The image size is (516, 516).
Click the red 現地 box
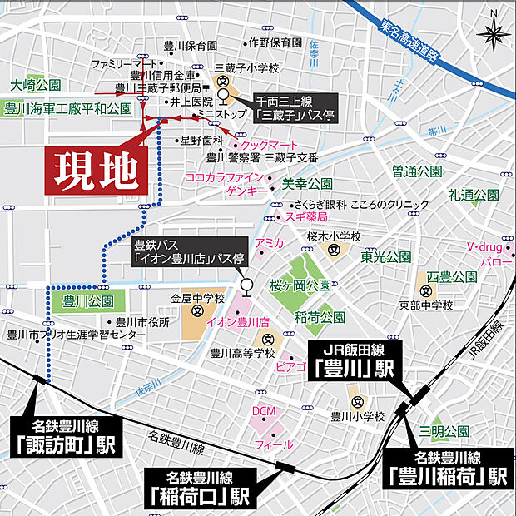click(x=96, y=171)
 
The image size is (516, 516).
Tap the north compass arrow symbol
click(x=493, y=35)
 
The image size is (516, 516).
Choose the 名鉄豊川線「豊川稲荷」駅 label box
click(x=448, y=468)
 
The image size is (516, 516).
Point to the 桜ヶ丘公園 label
click(x=300, y=285)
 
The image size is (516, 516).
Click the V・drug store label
click(x=480, y=247)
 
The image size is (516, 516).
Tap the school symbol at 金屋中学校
click(x=197, y=313)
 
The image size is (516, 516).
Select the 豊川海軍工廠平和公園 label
click(x=68, y=108)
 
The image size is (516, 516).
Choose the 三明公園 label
click(x=444, y=431)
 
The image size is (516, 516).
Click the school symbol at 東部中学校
click(x=425, y=291)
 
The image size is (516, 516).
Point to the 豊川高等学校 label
click(x=242, y=353)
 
